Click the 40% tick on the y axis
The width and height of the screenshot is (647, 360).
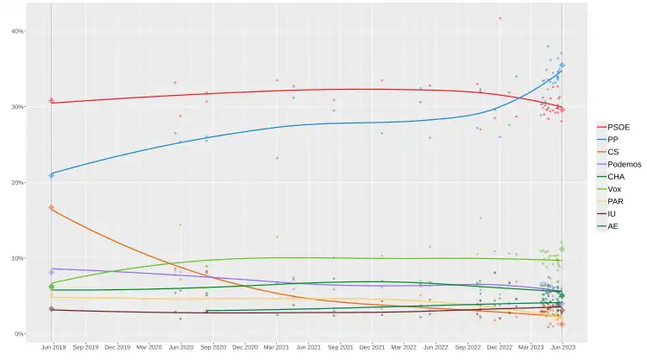16,31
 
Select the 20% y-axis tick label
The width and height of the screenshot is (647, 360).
16,183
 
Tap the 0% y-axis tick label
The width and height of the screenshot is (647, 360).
18,334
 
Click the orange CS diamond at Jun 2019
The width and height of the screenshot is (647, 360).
52,207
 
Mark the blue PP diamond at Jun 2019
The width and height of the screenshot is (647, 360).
52,175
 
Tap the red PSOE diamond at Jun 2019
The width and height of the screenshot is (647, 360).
52,101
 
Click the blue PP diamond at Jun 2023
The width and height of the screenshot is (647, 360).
562,65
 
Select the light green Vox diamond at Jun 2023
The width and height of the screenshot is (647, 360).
562,249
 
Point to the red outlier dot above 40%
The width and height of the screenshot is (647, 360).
499,18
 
